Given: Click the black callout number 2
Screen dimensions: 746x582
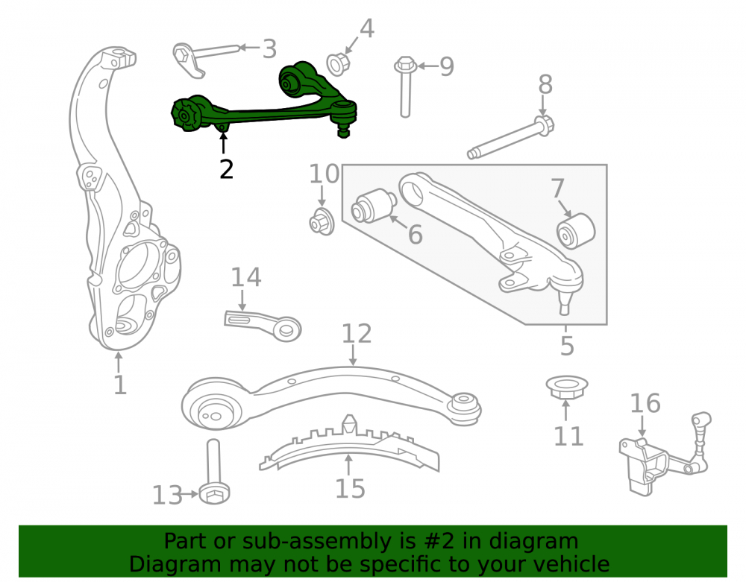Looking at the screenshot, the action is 227,170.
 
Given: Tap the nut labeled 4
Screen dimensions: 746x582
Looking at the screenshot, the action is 338,63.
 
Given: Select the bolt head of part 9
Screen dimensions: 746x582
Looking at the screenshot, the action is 405,65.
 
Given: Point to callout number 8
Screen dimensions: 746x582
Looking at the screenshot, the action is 545,84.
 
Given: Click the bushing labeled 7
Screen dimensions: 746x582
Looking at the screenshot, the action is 576,231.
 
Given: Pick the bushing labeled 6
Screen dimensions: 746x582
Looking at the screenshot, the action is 374,206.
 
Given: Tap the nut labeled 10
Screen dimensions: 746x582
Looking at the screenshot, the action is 322,221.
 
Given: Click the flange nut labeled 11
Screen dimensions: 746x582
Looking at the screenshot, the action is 566,388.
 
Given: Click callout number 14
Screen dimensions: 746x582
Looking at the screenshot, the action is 246,277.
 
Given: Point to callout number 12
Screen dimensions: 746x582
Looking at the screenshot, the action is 357,334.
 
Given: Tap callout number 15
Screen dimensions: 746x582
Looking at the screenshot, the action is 350,488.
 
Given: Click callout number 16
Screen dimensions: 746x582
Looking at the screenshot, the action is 645,403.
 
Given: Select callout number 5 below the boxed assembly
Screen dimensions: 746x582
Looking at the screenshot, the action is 567,345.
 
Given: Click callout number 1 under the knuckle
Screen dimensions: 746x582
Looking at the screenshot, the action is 120,385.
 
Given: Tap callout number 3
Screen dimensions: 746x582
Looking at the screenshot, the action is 269,49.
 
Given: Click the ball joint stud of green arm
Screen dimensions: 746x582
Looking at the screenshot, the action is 343,130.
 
